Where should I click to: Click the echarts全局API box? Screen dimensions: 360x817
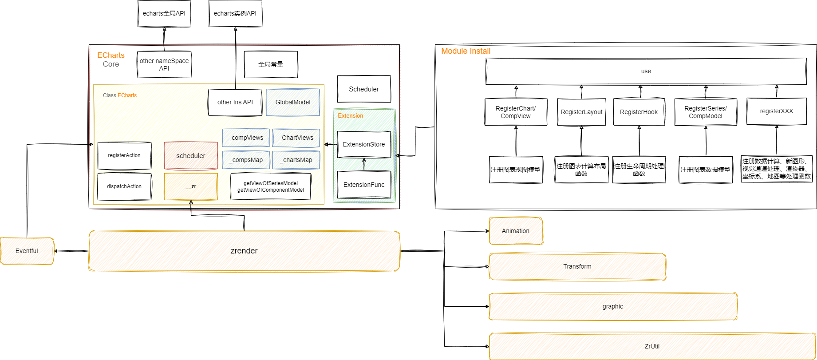164,13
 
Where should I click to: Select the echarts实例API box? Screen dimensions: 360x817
235,13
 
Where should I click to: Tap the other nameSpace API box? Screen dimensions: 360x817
164,64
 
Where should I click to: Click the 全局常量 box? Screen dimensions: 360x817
271,64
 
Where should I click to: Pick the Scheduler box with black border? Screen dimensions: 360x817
364,89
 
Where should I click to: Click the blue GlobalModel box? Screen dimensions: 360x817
293,102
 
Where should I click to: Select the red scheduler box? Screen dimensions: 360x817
191,156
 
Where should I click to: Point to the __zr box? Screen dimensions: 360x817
191,186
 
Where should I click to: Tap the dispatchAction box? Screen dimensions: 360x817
124,186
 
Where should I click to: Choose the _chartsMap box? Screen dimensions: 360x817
296,160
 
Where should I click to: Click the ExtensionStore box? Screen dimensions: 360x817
364,144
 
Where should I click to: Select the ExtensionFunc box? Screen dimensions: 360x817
364,185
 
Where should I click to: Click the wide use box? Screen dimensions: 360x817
646,71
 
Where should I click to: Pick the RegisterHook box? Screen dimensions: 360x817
639,112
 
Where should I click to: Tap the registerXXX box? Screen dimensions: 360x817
776,111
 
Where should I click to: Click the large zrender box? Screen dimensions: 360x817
244,251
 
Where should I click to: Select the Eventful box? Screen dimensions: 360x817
27,251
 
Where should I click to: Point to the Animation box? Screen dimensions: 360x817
516,231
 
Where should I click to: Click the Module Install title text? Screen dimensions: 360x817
466,51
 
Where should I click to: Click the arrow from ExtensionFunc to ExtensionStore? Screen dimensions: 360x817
364,165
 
